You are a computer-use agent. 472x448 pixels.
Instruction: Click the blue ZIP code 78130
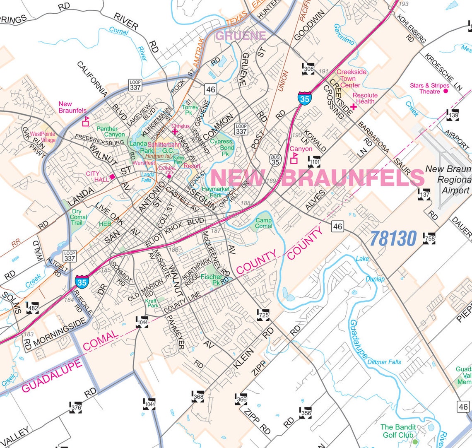[393, 239]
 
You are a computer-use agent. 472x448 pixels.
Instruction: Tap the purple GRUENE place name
[241, 36]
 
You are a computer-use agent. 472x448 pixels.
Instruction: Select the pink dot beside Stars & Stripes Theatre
[446, 91]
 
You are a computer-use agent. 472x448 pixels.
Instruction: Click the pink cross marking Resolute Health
[354, 107]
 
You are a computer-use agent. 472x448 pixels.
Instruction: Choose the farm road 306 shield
[308, 69]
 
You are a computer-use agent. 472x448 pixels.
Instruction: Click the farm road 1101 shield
[314, 162]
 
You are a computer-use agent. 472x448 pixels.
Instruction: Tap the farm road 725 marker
[264, 315]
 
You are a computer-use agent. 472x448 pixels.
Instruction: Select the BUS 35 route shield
[275, 160]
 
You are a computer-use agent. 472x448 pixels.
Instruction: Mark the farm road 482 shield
[32, 308]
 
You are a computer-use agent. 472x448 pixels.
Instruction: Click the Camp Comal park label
[263, 223]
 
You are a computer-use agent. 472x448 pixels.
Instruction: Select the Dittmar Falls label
[384, 361]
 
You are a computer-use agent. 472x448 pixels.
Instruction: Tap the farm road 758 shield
[429, 238]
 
